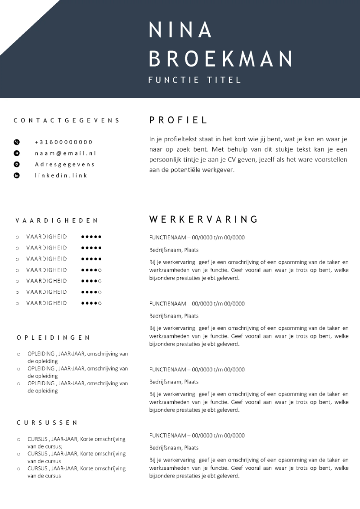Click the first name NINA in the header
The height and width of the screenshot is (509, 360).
(180, 30)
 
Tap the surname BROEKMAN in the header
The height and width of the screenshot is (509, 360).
(220, 59)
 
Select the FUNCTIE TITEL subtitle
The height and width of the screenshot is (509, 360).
(194, 80)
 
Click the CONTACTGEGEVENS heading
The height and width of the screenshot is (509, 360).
(67, 120)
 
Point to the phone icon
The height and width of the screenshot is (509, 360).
(17, 142)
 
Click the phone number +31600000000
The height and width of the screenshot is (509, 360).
(63, 142)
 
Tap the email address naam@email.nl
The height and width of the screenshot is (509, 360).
(65, 153)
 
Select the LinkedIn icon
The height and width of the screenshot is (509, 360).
(17, 176)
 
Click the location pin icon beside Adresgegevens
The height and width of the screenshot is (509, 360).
(17, 164)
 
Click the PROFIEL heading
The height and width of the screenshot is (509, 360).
(178, 120)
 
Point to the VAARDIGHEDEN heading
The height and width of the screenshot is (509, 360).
(57, 221)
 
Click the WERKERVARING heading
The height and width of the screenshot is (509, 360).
(203, 220)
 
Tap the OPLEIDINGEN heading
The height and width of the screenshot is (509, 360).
(53, 338)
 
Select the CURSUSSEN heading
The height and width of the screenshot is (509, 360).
(47, 423)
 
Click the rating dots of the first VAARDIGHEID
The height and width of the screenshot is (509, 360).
(91, 237)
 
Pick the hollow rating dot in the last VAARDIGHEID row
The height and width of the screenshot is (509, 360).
(100, 303)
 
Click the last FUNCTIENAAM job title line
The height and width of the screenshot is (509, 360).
(197, 436)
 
